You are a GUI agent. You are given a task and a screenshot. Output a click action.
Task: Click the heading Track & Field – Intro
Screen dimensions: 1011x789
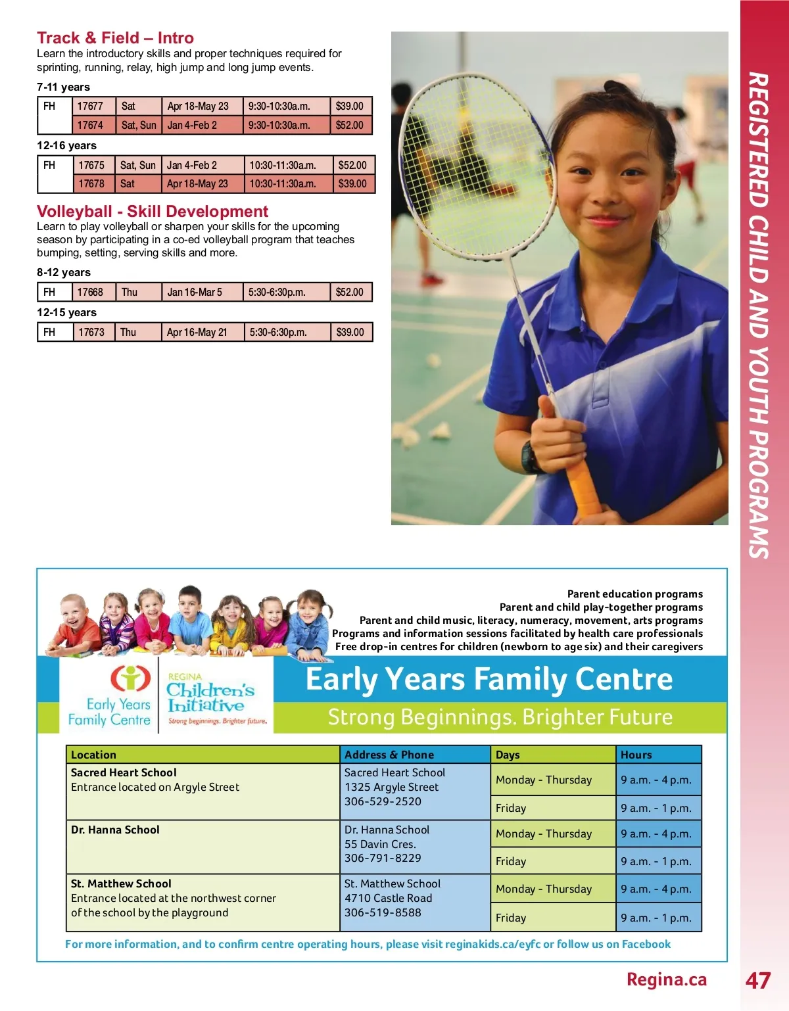(x=115, y=38)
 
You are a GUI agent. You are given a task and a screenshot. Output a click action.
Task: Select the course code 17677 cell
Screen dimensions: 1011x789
(x=91, y=106)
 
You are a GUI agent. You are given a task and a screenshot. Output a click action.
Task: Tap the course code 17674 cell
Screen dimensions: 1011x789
(x=91, y=125)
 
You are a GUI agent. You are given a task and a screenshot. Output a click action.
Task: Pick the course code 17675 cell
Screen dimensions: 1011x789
(x=91, y=166)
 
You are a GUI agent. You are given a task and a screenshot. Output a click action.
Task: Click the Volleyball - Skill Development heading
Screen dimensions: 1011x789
(x=153, y=212)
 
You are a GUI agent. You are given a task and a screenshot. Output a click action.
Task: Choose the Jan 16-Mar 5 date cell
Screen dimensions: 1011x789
(x=195, y=293)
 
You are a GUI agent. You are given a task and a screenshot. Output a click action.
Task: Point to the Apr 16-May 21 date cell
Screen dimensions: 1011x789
(x=197, y=333)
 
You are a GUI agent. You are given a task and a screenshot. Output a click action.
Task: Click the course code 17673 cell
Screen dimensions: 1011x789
(x=91, y=333)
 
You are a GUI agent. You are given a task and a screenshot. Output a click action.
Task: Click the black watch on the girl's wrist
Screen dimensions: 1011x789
(x=531, y=457)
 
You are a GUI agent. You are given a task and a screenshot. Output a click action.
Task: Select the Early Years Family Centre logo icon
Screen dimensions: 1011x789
(x=130, y=678)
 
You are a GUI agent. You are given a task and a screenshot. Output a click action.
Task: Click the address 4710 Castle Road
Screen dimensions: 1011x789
(x=389, y=899)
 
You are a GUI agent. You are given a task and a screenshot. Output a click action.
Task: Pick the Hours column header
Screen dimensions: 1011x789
(x=636, y=755)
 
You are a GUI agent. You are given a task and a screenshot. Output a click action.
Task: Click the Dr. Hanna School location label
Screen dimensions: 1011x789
(x=115, y=830)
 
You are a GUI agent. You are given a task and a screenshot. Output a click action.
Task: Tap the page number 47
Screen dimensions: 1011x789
(x=757, y=981)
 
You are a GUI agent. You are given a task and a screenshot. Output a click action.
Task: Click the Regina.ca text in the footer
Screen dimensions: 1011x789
(x=666, y=980)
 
